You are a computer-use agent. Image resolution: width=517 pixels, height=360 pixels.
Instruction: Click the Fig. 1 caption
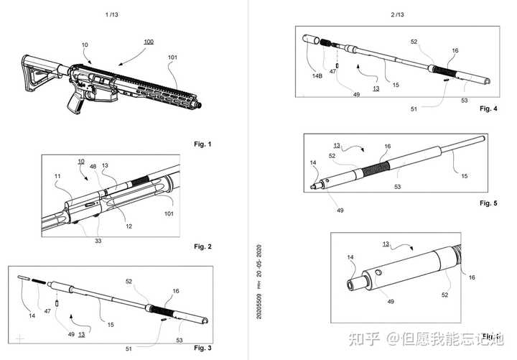point(204,144)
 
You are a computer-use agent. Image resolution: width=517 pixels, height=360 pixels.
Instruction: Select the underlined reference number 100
point(148,42)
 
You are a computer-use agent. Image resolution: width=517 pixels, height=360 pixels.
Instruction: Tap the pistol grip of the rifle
point(76,106)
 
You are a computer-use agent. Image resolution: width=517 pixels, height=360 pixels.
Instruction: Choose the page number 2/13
point(398,14)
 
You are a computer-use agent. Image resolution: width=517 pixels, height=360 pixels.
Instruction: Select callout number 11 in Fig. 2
point(58,175)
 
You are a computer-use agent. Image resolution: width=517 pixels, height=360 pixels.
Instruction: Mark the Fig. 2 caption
point(204,246)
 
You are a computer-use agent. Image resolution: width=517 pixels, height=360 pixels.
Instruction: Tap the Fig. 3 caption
point(204,347)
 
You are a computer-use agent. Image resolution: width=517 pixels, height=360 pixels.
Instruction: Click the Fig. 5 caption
point(488,203)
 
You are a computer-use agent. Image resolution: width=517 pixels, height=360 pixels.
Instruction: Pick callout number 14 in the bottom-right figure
point(351,257)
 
